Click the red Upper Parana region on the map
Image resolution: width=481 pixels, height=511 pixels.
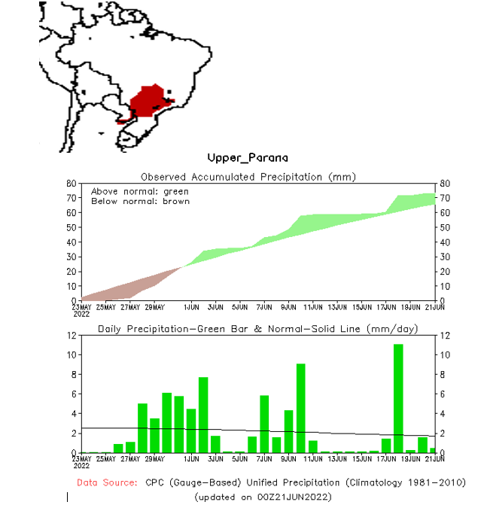pos(148,102)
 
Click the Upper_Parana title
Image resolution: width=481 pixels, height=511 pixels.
pos(248,158)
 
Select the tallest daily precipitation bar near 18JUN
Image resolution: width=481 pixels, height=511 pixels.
pos(398,397)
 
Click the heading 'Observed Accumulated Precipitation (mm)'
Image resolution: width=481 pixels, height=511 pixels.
pos(248,177)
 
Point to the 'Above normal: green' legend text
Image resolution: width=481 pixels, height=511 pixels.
pos(140,191)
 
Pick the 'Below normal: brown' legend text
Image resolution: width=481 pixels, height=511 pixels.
pos(140,201)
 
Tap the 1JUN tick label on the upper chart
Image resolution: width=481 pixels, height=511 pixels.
pos(191,307)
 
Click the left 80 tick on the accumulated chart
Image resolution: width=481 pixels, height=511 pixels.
pos(71,183)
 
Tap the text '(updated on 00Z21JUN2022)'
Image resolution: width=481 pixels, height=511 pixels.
pos(262,497)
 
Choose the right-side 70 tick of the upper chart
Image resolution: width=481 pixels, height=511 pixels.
pos(445,198)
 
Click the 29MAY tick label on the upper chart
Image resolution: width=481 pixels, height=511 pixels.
pos(155,307)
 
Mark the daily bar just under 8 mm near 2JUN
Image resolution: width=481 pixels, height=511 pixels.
pos(203,414)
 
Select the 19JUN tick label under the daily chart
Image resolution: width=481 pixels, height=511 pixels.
pos(411,458)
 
